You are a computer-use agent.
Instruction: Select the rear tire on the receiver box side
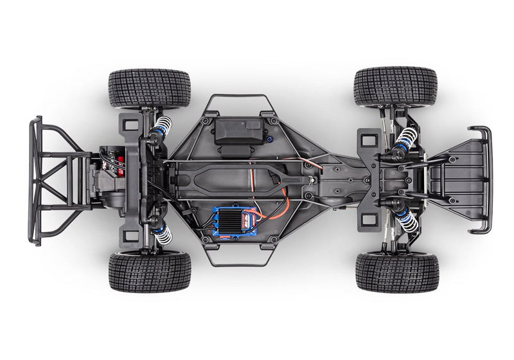coord(149,88)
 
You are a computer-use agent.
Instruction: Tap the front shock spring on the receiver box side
coord(404,138)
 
